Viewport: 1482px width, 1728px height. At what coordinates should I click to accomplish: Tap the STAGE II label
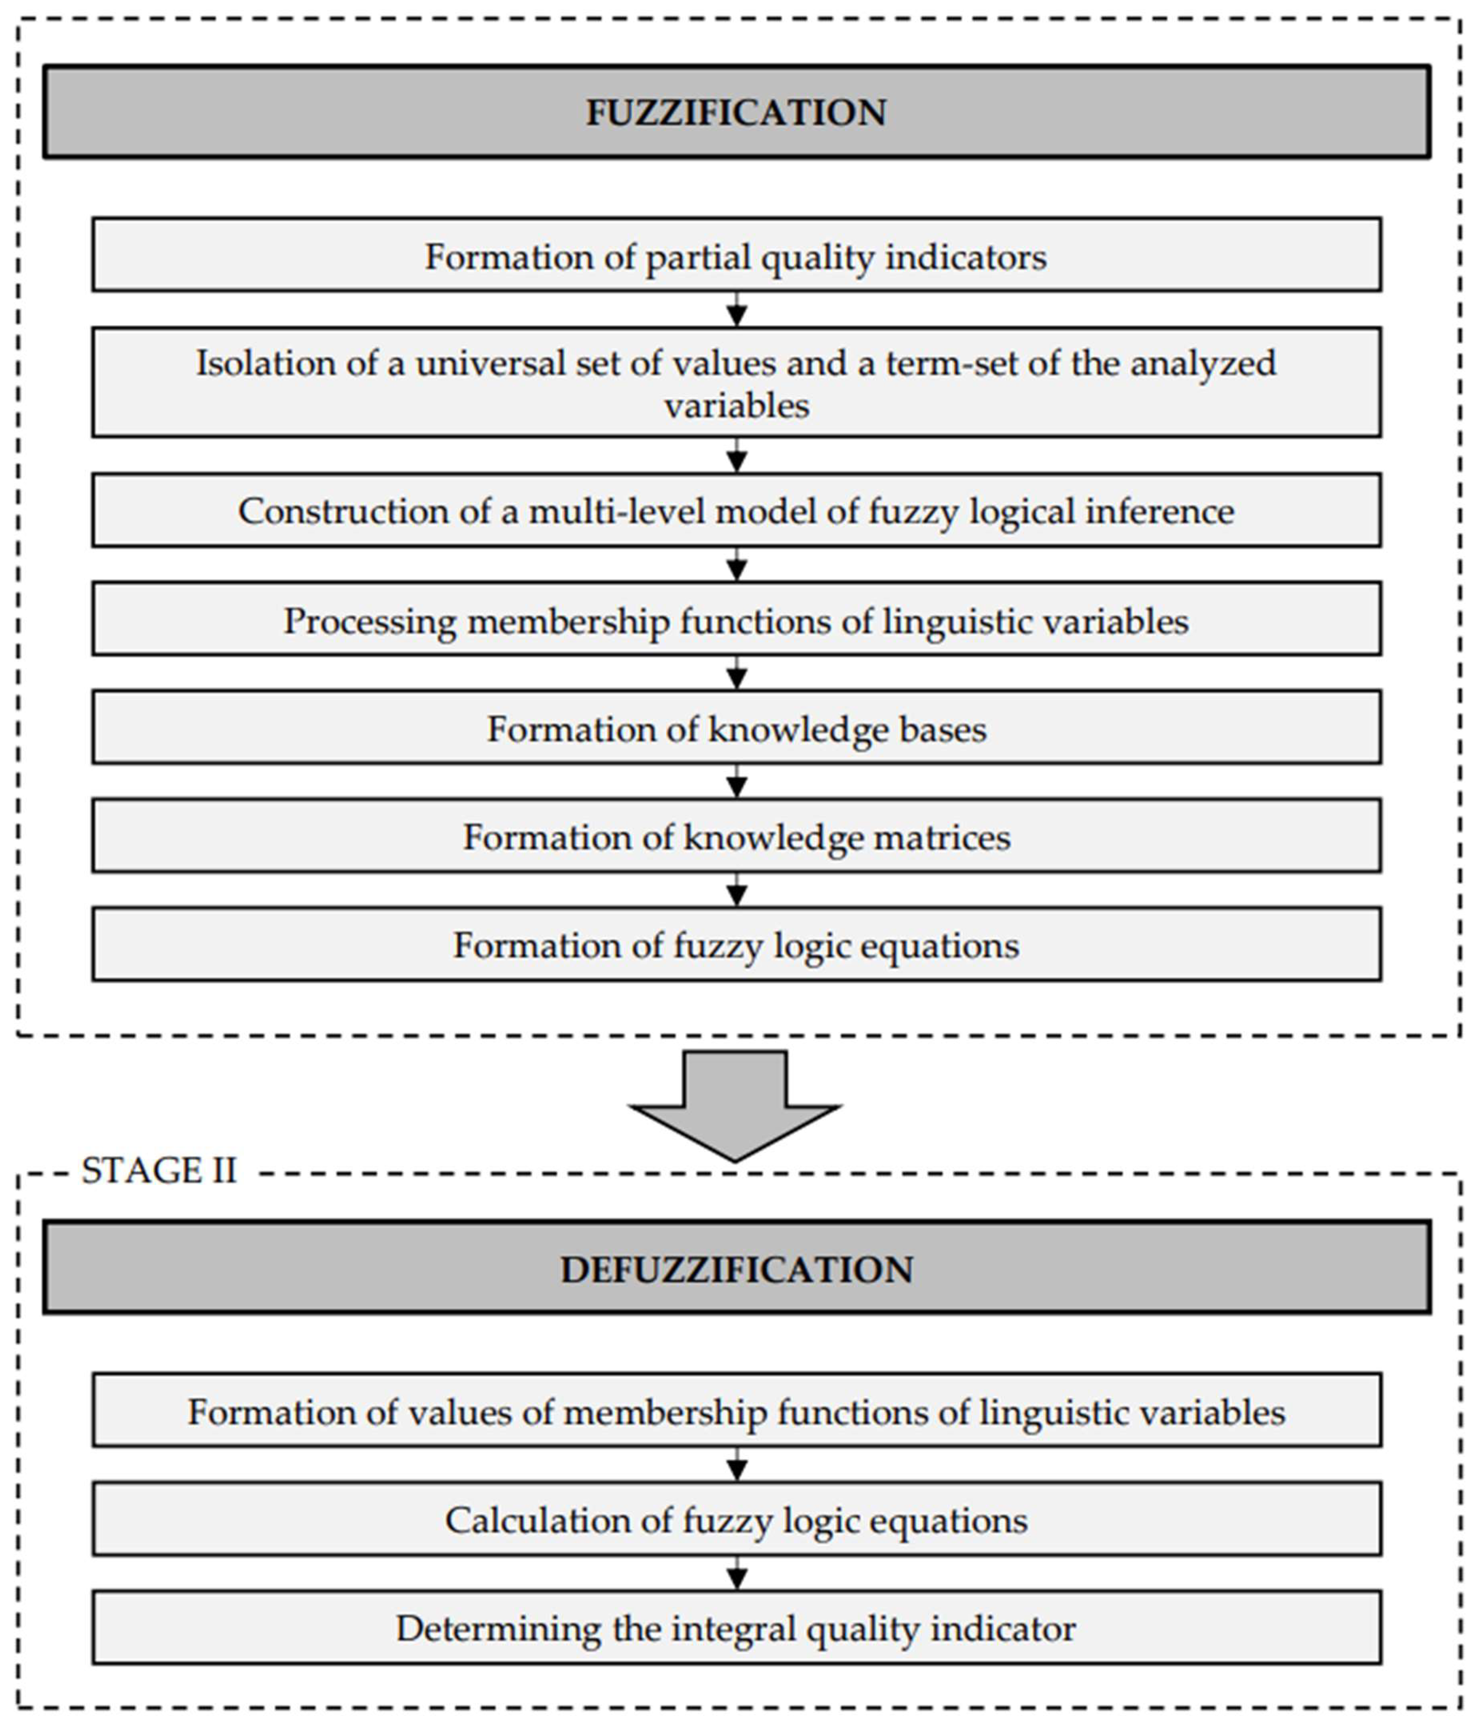(x=159, y=1171)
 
